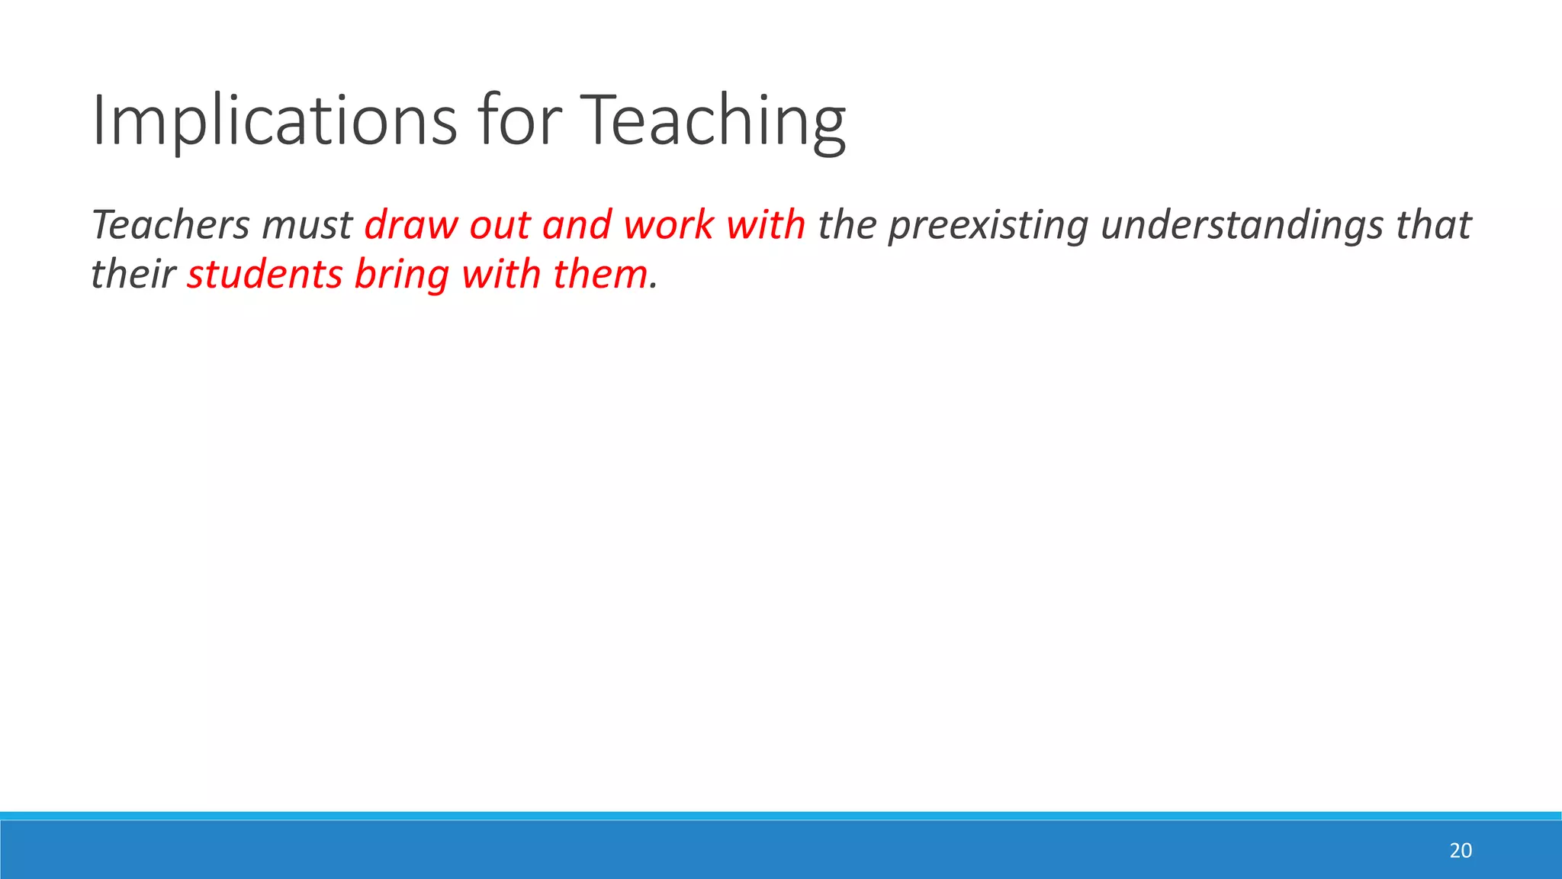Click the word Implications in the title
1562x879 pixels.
click(x=274, y=121)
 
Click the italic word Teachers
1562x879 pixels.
click(x=171, y=225)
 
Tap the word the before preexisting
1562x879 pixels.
click(x=847, y=225)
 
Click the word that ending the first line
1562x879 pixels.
click(x=1433, y=225)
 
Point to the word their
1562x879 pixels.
click(x=133, y=275)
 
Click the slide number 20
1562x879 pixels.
click(x=1460, y=851)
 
